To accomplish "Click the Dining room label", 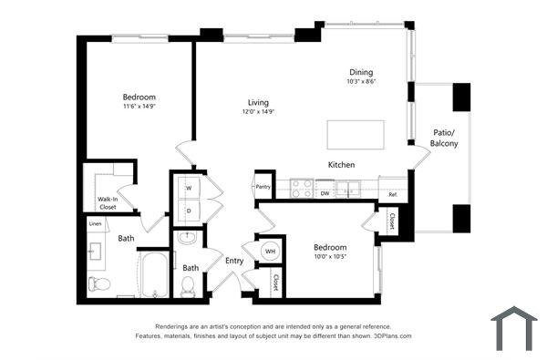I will (x=361, y=72).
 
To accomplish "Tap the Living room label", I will (x=259, y=102).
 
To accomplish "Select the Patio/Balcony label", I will (x=444, y=139).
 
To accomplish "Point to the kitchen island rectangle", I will (x=356, y=134).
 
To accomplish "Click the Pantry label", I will (x=263, y=187).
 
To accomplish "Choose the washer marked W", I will (x=189, y=188).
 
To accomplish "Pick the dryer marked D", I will (x=189, y=211).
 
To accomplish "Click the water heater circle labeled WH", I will (x=270, y=251).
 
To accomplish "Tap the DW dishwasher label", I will (x=325, y=193).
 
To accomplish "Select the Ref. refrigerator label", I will (x=393, y=194).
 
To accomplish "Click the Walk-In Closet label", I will (x=108, y=202).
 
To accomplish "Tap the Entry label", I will (x=235, y=262).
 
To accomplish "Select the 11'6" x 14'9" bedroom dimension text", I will (x=139, y=108).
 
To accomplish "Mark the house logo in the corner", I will (x=514, y=327).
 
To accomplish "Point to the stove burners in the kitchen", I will (x=301, y=189).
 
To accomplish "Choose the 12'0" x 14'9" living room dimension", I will (x=259, y=112).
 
